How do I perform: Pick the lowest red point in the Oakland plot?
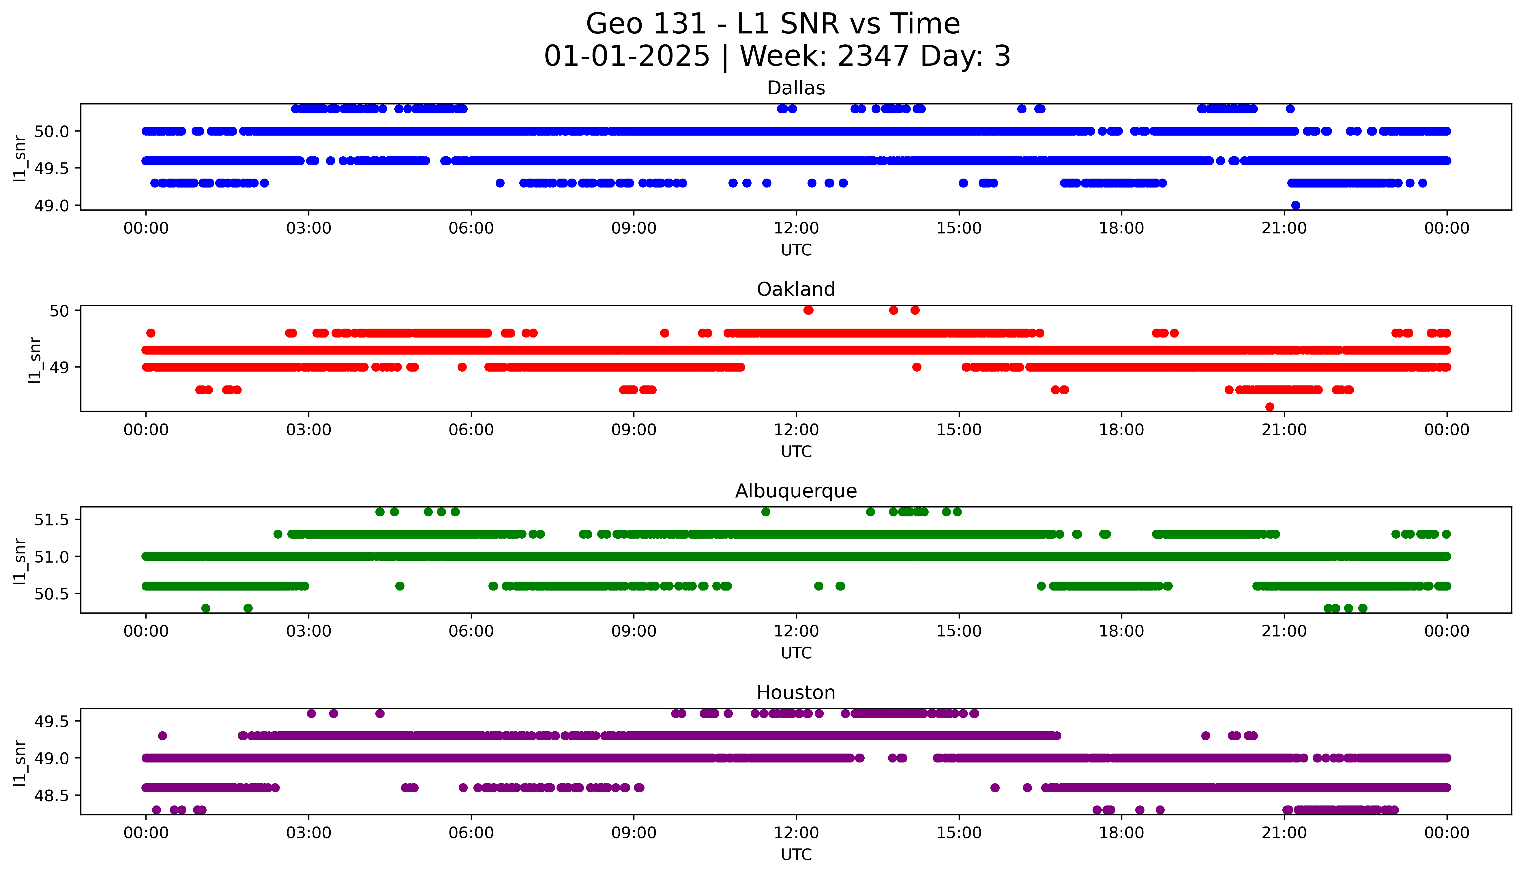pyautogui.click(x=1269, y=407)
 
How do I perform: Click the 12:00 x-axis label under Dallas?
pyautogui.click(x=796, y=228)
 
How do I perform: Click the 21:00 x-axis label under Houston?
pyautogui.click(x=1284, y=833)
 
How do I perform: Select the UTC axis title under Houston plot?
pyautogui.click(x=796, y=855)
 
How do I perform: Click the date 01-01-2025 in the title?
pyautogui.click(x=627, y=57)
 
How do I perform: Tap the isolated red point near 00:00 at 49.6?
pyautogui.click(x=151, y=333)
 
